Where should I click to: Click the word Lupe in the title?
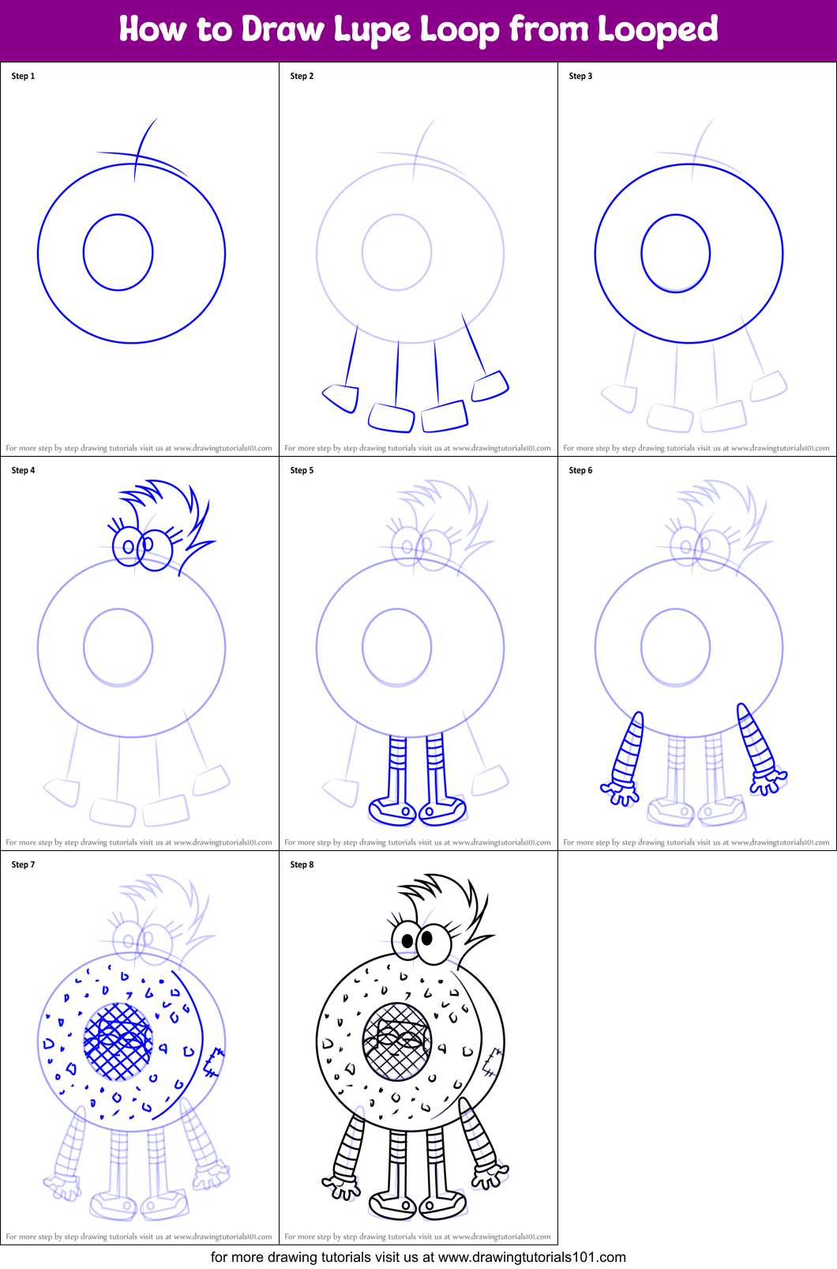(x=371, y=30)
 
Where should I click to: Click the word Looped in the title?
(x=657, y=30)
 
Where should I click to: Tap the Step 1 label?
(x=23, y=76)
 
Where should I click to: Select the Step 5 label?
(x=302, y=470)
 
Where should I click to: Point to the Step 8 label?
(x=302, y=864)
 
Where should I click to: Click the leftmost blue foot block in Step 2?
(x=341, y=397)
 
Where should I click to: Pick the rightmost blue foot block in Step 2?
(x=490, y=386)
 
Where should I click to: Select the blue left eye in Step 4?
(x=126, y=546)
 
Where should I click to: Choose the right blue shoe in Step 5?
(x=443, y=810)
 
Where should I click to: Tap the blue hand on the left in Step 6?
(x=620, y=793)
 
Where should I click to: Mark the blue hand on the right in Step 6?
(x=767, y=782)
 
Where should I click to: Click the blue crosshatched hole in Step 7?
(x=118, y=1041)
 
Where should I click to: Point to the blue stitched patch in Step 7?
(x=213, y=1062)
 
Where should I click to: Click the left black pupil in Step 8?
(x=407, y=941)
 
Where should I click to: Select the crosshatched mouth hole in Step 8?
(x=397, y=1041)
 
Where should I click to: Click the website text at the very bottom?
(x=418, y=1257)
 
